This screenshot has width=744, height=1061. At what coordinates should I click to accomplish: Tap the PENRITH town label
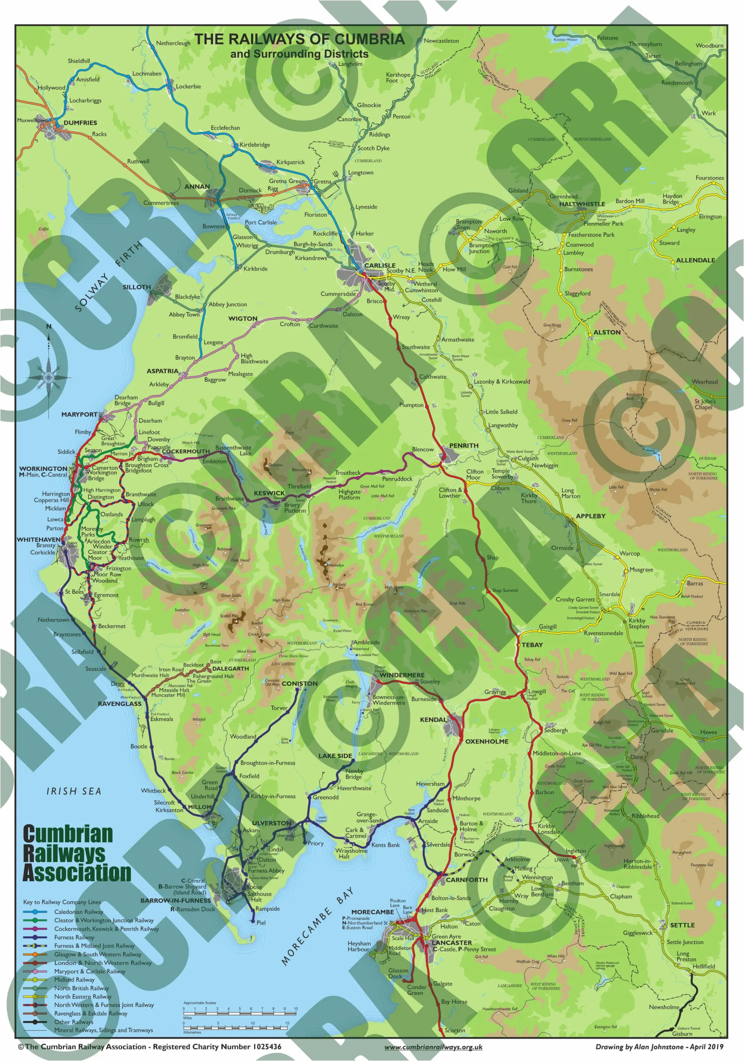(x=463, y=445)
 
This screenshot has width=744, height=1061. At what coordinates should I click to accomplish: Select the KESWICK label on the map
(x=269, y=493)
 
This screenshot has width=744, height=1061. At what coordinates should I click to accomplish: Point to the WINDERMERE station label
(x=401, y=675)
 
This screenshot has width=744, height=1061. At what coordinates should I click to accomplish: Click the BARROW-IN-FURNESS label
(x=175, y=900)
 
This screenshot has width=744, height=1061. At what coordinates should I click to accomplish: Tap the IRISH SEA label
(x=73, y=791)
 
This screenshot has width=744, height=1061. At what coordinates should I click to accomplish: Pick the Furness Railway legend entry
(x=74, y=937)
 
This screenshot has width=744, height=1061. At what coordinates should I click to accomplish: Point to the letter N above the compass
(x=49, y=327)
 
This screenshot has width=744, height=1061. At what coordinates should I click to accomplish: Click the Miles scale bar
(x=240, y=1013)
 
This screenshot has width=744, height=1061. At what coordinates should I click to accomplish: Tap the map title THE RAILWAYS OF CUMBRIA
(x=299, y=39)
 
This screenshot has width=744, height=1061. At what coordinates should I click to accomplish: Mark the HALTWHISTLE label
(x=582, y=204)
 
